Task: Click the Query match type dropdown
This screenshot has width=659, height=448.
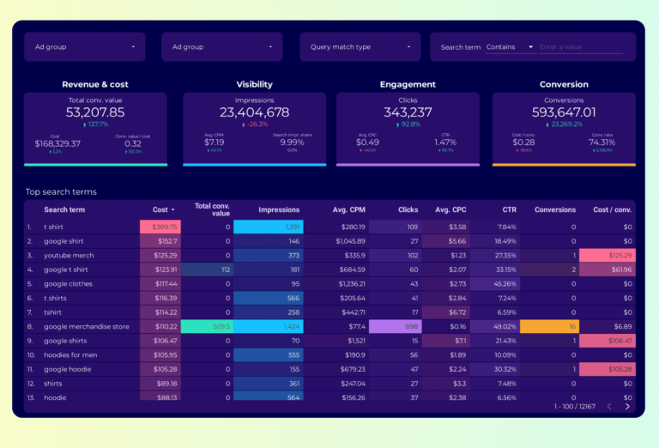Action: click(x=360, y=47)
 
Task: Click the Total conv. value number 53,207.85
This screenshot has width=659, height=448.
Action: click(x=95, y=112)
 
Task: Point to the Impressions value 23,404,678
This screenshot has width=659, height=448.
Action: click(x=254, y=112)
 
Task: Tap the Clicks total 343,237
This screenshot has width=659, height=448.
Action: click(x=408, y=112)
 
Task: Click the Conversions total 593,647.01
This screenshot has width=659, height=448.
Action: click(x=564, y=112)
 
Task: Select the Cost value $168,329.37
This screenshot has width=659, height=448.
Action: click(x=57, y=143)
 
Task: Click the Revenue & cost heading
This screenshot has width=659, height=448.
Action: click(x=95, y=84)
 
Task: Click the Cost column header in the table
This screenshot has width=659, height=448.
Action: click(x=160, y=209)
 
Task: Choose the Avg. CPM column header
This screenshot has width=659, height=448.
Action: click(x=350, y=209)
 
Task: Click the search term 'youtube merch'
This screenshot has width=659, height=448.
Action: click(x=70, y=255)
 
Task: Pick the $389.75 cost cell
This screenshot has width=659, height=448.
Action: click(x=160, y=227)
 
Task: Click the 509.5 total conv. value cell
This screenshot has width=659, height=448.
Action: click(x=207, y=326)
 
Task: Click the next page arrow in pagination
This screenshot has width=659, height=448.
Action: click(x=627, y=406)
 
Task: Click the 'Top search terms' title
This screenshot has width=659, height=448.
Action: click(x=61, y=191)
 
